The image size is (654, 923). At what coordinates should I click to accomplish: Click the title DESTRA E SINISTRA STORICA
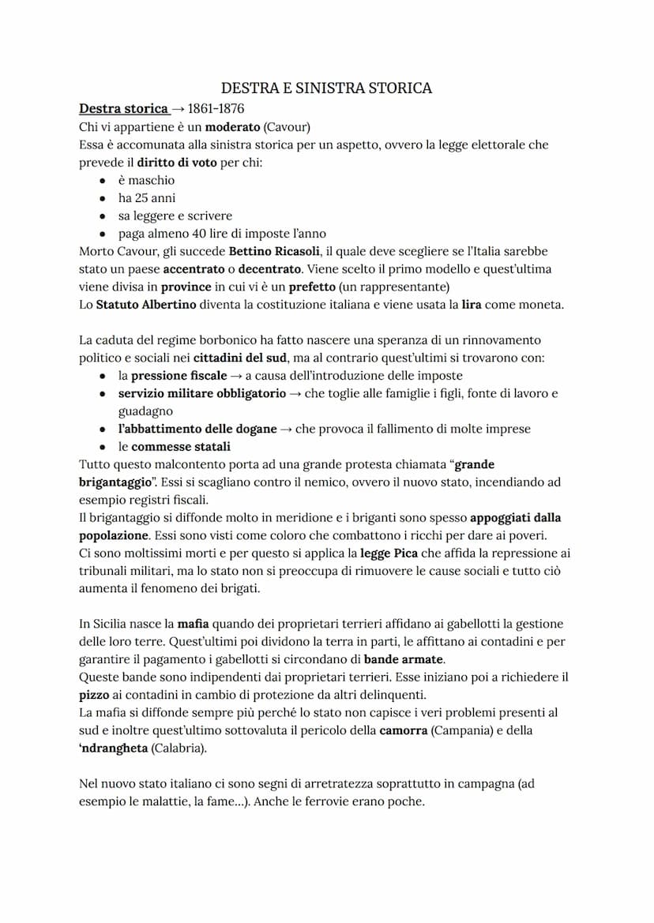click(326, 88)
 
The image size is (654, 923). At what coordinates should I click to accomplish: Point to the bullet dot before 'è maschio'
click(103, 181)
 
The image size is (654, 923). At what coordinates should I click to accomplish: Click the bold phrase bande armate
click(404, 659)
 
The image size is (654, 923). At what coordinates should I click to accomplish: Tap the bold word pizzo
click(95, 695)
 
